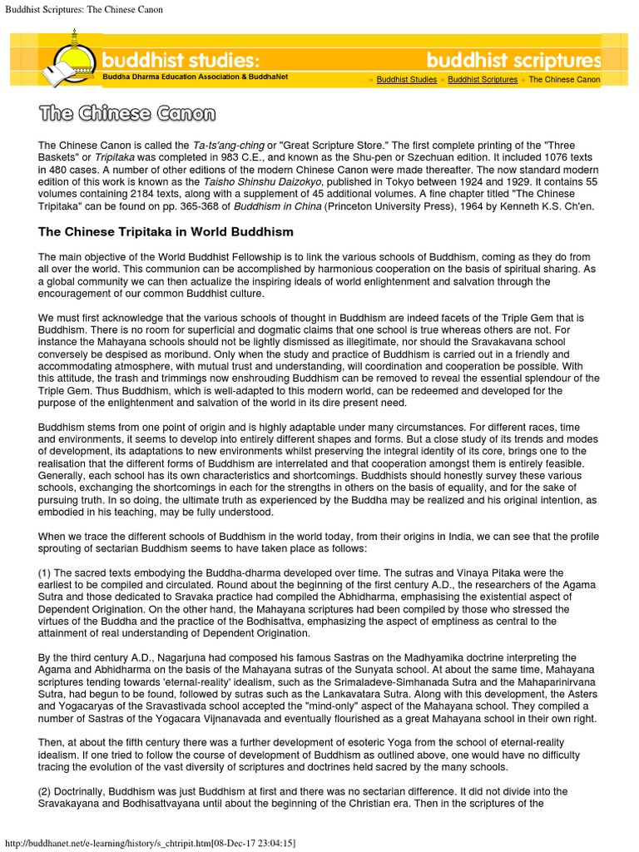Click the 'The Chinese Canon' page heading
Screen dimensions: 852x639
coord(127,113)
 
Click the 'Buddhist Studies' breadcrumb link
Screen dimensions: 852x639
coord(406,80)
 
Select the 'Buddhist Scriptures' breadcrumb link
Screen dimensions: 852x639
coord(483,80)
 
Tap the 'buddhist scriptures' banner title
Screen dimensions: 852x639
coord(513,61)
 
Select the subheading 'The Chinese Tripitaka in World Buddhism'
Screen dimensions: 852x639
coord(166,230)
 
